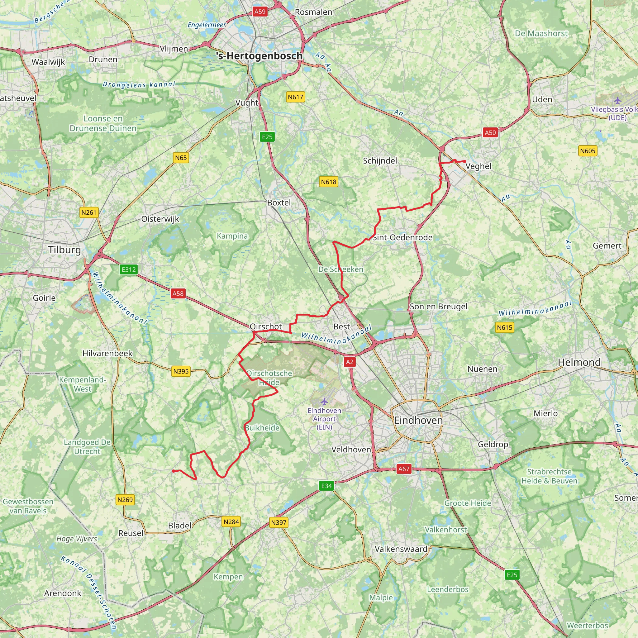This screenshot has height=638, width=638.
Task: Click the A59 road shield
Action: point(260,12)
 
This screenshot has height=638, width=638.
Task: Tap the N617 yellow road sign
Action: point(295,97)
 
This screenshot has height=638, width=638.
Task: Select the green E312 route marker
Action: point(128,269)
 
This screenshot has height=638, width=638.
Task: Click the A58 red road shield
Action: point(178,293)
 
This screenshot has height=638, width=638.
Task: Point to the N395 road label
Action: point(181,371)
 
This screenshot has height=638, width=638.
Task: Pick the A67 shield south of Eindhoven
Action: point(403,469)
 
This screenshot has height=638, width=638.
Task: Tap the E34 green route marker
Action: point(326,485)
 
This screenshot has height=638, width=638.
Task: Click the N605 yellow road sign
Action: point(588,151)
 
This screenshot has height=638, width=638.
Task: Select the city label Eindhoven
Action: point(418,420)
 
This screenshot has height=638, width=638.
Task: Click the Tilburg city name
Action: point(65,250)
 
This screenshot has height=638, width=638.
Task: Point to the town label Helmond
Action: point(579,362)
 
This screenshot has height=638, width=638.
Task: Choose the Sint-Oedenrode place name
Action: point(402,237)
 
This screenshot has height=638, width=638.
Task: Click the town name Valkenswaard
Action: point(401,549)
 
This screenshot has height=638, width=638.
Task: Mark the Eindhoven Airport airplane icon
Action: point(324,402)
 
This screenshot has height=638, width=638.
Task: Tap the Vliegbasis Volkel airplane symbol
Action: point(617,100)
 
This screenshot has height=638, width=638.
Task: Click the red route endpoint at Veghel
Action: point(464,161)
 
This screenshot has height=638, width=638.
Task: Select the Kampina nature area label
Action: point(232,236)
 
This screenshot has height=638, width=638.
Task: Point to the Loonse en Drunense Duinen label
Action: point(103,123)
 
